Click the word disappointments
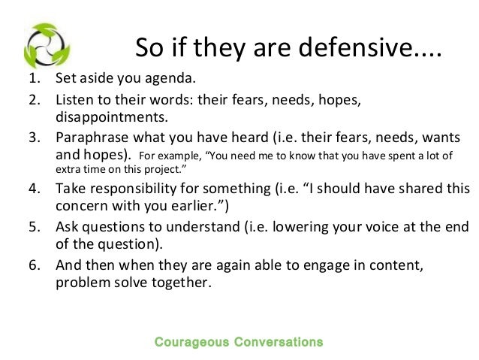click(110, 117)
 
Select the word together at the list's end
click(185, 284)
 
